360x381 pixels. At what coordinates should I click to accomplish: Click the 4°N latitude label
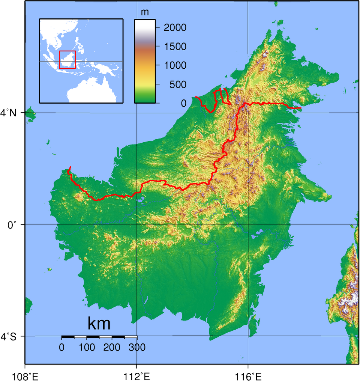pyautogui.click(x=10, y=112)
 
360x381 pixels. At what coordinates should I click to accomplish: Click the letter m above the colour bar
pyautogui.click(x=144, y=12)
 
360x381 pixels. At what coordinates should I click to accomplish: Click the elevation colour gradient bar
pyautogui.click(x=145, y=61)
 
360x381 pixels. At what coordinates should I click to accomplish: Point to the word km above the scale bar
pyautogui.click(x=99, y=323)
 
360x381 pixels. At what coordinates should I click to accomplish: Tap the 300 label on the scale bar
pyautogui.click(x=137, y=347)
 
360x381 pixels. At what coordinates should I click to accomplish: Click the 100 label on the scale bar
pyautogui.click(x=87, y=347)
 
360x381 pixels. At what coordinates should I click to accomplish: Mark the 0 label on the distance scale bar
pyautogui.click(x=62, y=347)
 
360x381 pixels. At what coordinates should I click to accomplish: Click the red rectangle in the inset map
pyautogui.click(x=67, y=59)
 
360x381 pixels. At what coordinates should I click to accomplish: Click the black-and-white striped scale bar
pyautogui.click(x=99, y=337)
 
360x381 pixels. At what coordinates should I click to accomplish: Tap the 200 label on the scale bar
pyautogui.click(x=112, y=347)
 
